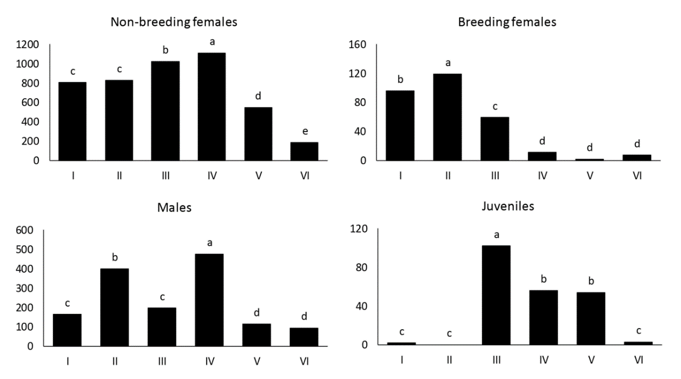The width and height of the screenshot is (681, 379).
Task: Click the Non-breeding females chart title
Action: [167, 23]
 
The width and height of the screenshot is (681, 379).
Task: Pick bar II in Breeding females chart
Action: [448, 117]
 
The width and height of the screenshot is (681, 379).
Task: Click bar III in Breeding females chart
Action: [494, 138]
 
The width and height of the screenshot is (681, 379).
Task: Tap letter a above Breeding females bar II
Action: [448, 63]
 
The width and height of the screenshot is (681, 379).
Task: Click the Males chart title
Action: [174, 207]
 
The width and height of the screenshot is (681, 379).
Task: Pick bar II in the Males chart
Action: [114, 307]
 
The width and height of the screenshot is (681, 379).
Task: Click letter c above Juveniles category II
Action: [448, 334]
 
